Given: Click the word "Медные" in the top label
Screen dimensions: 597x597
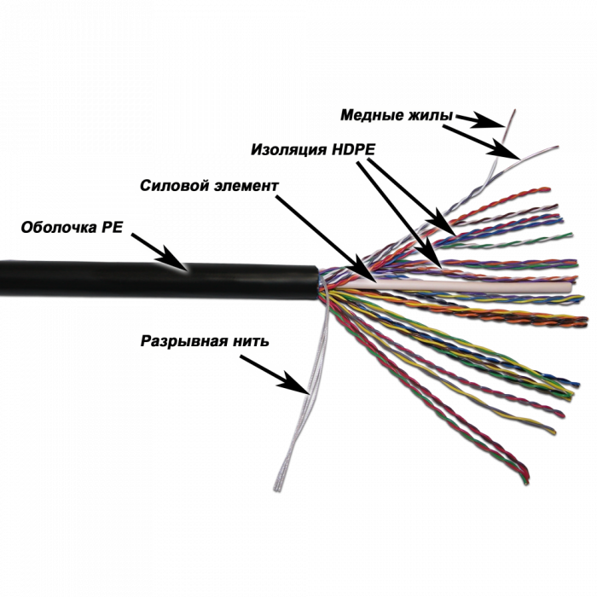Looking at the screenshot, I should tap(368, 114).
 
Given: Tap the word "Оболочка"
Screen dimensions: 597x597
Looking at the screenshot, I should tap(61, 227).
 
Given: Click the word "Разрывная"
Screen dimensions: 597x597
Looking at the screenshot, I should tap(182, 341).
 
